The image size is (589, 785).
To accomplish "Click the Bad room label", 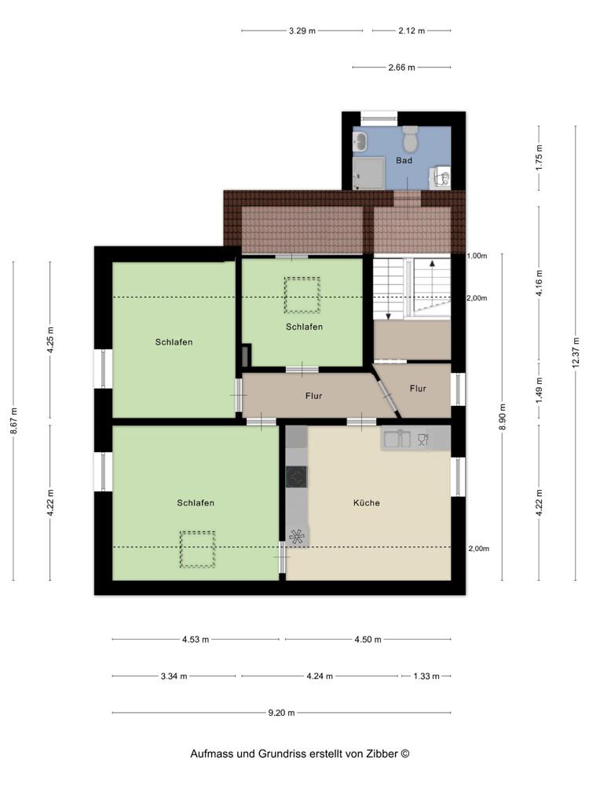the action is click(404, 160).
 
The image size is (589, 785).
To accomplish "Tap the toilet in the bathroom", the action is click(411, 139).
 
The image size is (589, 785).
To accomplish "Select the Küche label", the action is click(366, 502).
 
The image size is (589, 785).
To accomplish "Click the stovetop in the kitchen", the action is click(297, 476).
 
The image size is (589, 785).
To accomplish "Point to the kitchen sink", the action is click(397, 439).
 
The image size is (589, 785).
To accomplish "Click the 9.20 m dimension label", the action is click(281, 713).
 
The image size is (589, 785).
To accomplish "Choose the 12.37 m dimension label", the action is click(576, 352).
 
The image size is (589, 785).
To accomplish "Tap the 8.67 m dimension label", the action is click(13, 421).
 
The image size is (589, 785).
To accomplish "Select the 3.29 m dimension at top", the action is click(302, 31).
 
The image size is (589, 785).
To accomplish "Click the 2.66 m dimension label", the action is click(401, 67).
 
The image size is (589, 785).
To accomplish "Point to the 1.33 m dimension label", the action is click(426, 676).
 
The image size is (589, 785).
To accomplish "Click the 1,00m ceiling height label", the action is click(477, 256).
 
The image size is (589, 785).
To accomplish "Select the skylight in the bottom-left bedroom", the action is click(197, 549).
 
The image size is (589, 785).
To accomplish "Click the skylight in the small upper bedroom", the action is click(302, 295).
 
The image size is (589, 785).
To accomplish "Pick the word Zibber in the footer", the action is click(382, 754).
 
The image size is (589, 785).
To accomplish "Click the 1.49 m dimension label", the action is click(539, 390).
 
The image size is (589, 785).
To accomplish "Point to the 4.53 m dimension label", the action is click(196, 639).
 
